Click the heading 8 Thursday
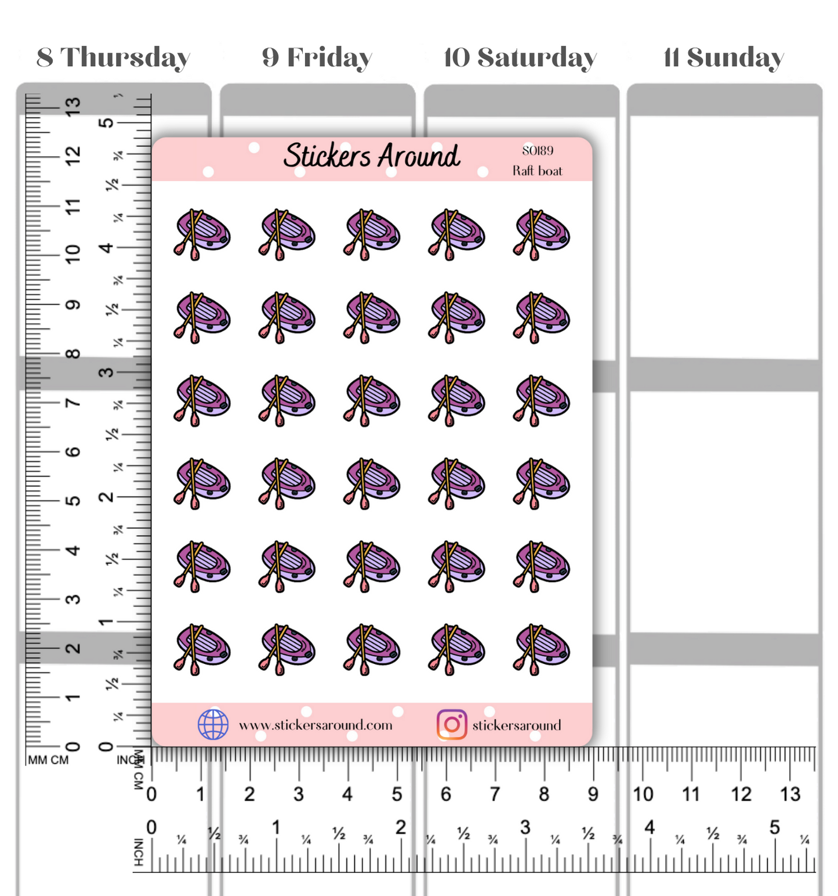click(x=114, y=57)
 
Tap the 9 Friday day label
click(x=317, y=57)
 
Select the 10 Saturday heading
click(x=520, y=57)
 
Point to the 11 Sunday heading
click(x=723, y=57)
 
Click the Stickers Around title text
click(x=372, y=156)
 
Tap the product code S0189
click(x=538, y=151)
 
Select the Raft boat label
click(x=537, y=171)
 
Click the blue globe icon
click(x=213, y=724)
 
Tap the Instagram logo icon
click(x=452, y=724)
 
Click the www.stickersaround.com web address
click(x=315, y=725)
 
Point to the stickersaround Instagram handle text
click(x=517, y=725)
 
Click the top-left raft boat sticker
click(x=202, y=234)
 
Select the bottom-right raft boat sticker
click(x=541, y=649)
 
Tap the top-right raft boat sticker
click(x=541, y=234)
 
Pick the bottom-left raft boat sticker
click(x=202, y=649)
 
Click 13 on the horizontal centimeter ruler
click(x=790, y=794)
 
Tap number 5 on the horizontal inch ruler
click(x=774, y=828)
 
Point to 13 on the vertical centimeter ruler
click(x=72, y=106)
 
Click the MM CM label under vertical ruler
click(x=48, y=760)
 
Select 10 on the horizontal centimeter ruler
click(x=643, y=794)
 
